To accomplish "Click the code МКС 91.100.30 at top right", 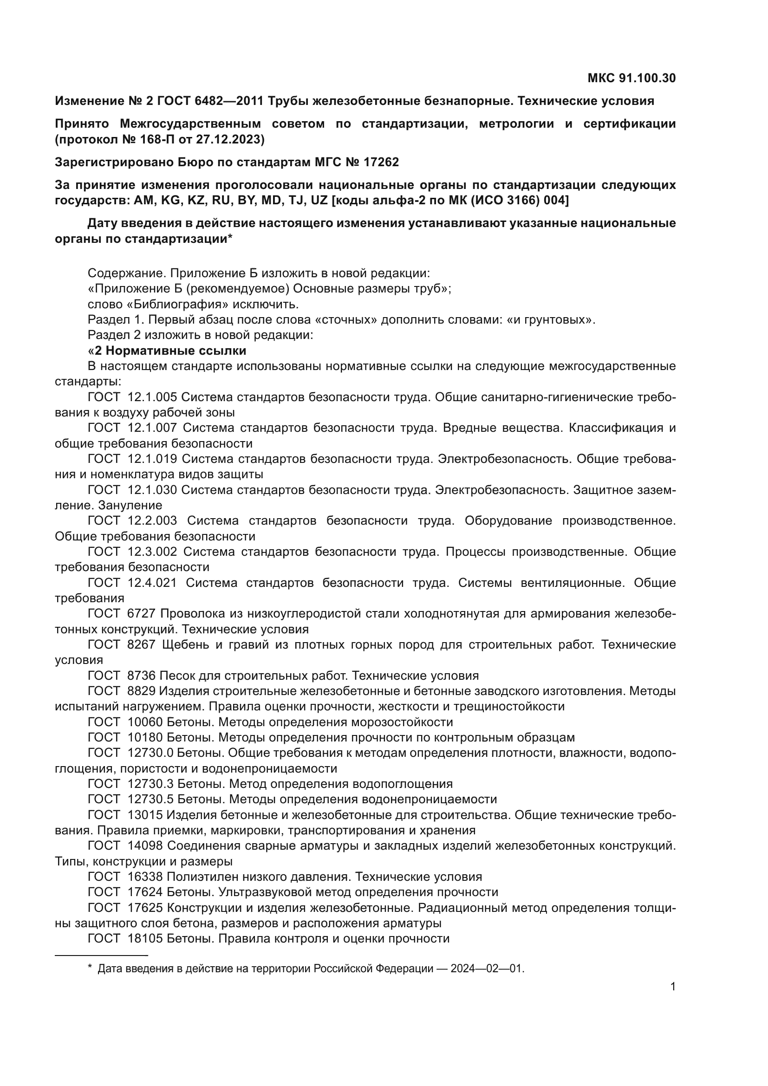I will [631, 78].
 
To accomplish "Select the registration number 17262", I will [381, 162].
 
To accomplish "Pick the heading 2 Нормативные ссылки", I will [170, 351].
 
